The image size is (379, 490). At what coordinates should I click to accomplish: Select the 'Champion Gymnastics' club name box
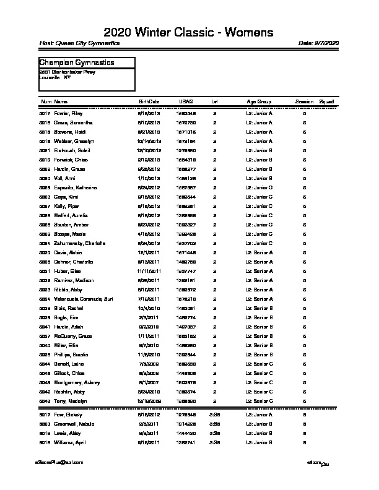pos(87,62)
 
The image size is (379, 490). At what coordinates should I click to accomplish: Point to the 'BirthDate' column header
pos(149,101)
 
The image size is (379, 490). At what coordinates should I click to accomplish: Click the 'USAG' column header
pos(186,101)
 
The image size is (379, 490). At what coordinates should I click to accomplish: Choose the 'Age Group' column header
pos(259,101)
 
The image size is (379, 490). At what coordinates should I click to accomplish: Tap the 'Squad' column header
pos(326,101)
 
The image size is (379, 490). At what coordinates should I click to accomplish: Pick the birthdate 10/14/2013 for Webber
pos(149,142)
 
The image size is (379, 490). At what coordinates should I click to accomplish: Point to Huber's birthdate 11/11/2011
pos(149,272)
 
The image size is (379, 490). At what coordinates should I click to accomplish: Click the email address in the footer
pos(59,462)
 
